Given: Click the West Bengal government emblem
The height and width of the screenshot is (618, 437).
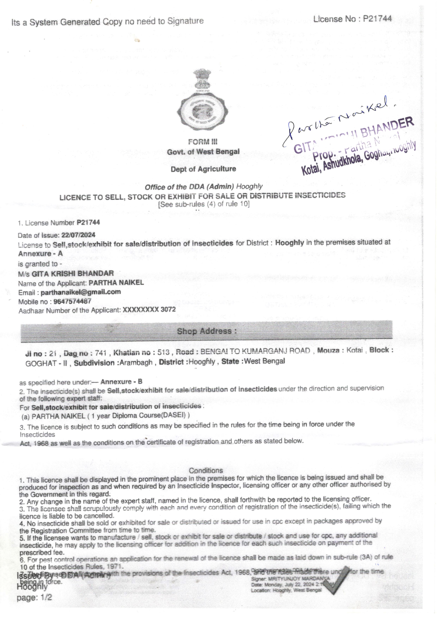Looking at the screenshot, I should coord(203,100).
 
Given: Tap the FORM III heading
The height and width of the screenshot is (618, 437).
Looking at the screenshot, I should coord(203,142).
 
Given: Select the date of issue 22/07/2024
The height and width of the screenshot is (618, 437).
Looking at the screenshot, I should coord(78,235).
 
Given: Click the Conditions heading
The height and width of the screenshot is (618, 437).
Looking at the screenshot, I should coord(206,471).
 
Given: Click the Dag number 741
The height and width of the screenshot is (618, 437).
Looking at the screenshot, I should coord(101,353).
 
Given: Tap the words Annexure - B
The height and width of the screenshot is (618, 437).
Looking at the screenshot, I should coord(121,382).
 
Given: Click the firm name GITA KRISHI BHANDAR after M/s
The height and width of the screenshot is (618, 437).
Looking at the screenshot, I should coord(73,273).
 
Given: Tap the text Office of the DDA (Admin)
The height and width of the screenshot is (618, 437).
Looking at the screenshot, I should coord(189,187).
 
